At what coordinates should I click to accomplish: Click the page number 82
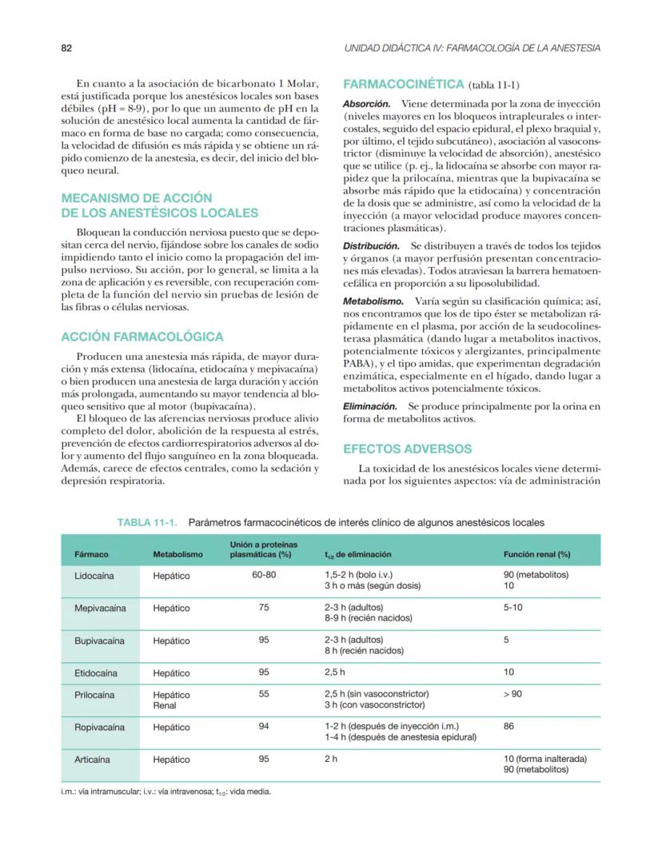pos(67,48)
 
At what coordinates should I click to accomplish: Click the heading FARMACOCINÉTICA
pos(403,84)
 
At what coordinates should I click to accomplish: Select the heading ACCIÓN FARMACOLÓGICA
pos(142,337)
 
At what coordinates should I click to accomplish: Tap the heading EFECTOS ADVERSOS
pos(407,449)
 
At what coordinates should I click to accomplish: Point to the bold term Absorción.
pos(366,105)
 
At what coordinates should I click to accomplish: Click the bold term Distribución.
pos(371,246)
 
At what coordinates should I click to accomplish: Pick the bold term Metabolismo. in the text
pos(373,301)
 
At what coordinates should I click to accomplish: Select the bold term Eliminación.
pos(370,407)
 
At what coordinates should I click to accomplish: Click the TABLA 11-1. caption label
pos(149,522)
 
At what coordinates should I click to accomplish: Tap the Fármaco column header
pos(91,553)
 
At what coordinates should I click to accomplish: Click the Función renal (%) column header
pos(536,553)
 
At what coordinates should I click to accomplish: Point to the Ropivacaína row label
pos(99,727)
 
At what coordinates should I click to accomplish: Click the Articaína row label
pos(92,759)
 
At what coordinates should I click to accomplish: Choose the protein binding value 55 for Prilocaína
pos(263,694)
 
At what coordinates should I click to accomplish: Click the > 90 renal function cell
pos(512,694)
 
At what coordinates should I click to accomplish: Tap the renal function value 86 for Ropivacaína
pos(509,727)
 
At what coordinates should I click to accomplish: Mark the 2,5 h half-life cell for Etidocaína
pos(334,672)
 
